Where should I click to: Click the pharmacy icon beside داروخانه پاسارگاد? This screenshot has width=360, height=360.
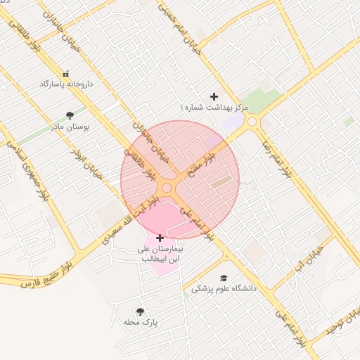point(66,74)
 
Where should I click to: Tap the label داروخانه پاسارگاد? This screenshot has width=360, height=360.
point(66,84)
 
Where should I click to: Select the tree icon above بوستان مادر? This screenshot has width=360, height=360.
point(69,116)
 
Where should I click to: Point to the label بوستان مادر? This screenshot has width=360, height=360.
point(69,127)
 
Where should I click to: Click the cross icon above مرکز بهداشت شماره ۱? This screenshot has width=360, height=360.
point(214,96)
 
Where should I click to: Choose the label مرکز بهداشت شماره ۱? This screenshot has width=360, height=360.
point(213,108)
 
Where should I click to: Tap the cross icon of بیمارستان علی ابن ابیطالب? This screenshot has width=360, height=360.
point(160,238)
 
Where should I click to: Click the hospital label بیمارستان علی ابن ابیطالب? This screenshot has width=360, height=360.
point(160,254)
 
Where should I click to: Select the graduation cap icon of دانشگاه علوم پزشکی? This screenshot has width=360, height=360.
point(224,278)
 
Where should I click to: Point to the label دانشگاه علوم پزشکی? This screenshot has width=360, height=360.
point(224,288)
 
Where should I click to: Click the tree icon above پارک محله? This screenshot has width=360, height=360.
point(140,311)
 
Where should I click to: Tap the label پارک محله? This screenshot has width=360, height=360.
point(141,323)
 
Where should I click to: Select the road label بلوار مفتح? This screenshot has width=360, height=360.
point(210,155)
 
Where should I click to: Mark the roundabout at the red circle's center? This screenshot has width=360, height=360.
point(167,188)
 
